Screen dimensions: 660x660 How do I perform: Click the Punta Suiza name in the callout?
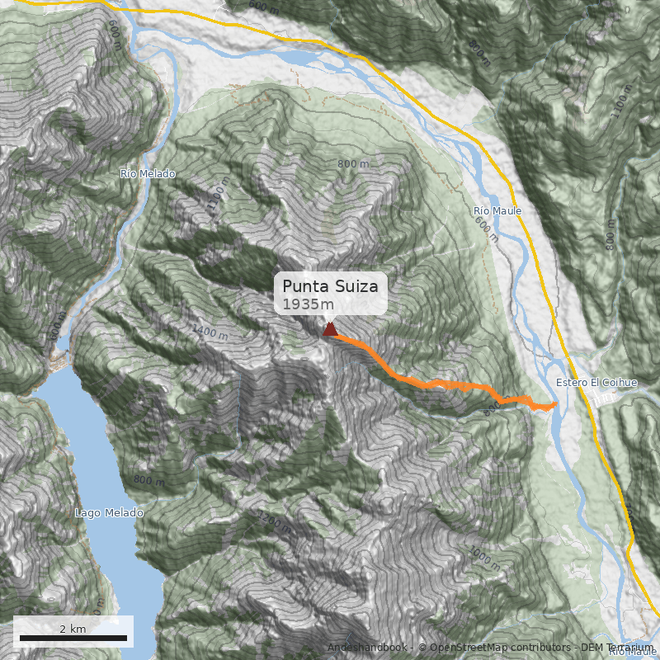coord(330,286)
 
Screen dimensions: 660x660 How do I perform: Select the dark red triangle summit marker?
coord(330,330)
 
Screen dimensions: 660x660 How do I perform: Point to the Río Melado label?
coord(148,174)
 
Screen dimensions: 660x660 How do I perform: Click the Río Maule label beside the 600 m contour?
coord(497,211)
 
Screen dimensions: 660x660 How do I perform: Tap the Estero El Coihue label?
coord(596,383)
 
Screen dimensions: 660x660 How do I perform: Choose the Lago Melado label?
coord(109,513)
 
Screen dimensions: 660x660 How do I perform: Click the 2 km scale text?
coord(73,629)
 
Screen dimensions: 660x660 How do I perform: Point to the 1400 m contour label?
coord(210,333)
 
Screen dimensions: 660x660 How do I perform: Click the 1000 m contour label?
coord(484,559)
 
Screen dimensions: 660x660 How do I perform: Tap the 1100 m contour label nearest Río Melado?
coord(217,196)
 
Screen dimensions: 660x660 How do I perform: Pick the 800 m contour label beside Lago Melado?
coord(148,480)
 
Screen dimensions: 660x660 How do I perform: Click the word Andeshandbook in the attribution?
coord(368,648)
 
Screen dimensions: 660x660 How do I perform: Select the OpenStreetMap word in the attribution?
coord(466,648)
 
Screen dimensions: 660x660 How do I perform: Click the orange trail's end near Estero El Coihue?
coord(554,404)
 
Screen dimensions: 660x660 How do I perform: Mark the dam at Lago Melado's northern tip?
coord(60,361)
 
